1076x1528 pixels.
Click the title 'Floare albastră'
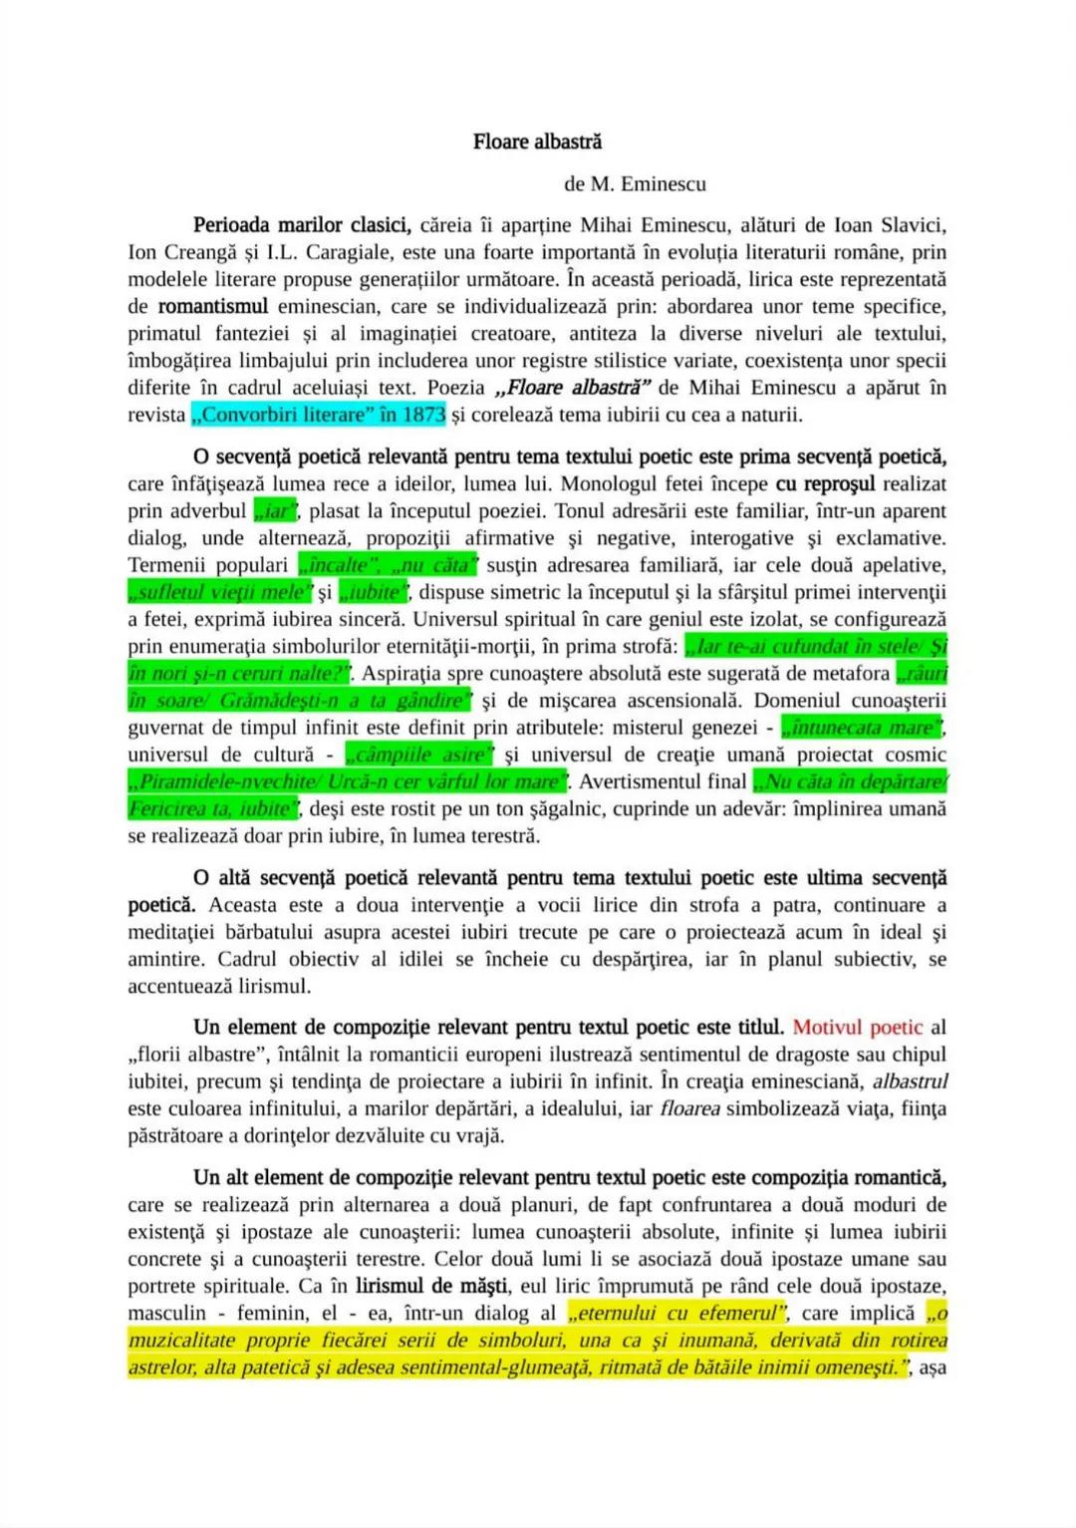click(x=537, y=142)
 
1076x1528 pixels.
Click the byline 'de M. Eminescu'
click(x=635, y=183)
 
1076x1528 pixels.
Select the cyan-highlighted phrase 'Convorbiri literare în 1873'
click(x=318, y=415)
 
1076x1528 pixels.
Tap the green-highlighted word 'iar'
click(x=276, y=511)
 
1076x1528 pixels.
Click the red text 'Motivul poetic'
click(x=857, y=1027)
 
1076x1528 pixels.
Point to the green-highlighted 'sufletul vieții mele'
click(x=220, y=592)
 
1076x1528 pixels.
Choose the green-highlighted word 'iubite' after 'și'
click(x=374, y=592)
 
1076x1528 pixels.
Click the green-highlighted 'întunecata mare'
click(x=862, y=728)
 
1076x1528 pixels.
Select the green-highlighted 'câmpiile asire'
click(x=418, y=755)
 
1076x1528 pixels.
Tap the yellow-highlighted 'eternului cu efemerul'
click(x=677, y=1313)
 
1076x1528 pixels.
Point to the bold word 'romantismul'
click(x=213, y=306)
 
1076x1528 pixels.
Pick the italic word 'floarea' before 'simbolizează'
click(x=689, y=1108)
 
